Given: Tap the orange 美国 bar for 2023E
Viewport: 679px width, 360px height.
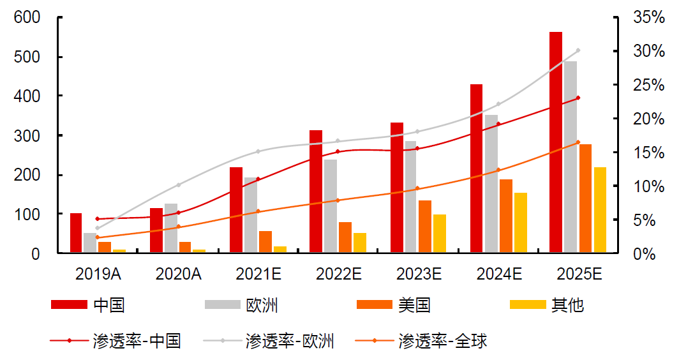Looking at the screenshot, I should coord(424,227).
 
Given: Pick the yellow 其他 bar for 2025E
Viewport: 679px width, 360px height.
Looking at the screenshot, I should coord(600,210).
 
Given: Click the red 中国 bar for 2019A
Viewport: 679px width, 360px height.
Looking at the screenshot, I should coord(76,233).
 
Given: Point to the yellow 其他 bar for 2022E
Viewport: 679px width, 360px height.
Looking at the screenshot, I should coord(360,243).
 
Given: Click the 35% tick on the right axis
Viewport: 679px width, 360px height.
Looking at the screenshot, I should coord(648,18).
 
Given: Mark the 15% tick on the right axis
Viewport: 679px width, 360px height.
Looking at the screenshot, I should coord(648,153).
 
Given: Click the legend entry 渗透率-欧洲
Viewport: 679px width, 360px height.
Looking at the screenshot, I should coord(290,341).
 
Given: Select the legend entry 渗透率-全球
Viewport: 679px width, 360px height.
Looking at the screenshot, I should coord(443,341).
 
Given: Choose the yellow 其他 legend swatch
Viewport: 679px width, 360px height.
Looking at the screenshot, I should coord(528,305).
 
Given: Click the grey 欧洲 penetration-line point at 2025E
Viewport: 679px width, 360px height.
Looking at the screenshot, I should coord(578,50).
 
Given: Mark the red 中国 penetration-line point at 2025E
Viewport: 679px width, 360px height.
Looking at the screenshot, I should coord(578,98).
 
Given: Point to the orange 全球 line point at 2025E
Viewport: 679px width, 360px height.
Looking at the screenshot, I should coord(578,142).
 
